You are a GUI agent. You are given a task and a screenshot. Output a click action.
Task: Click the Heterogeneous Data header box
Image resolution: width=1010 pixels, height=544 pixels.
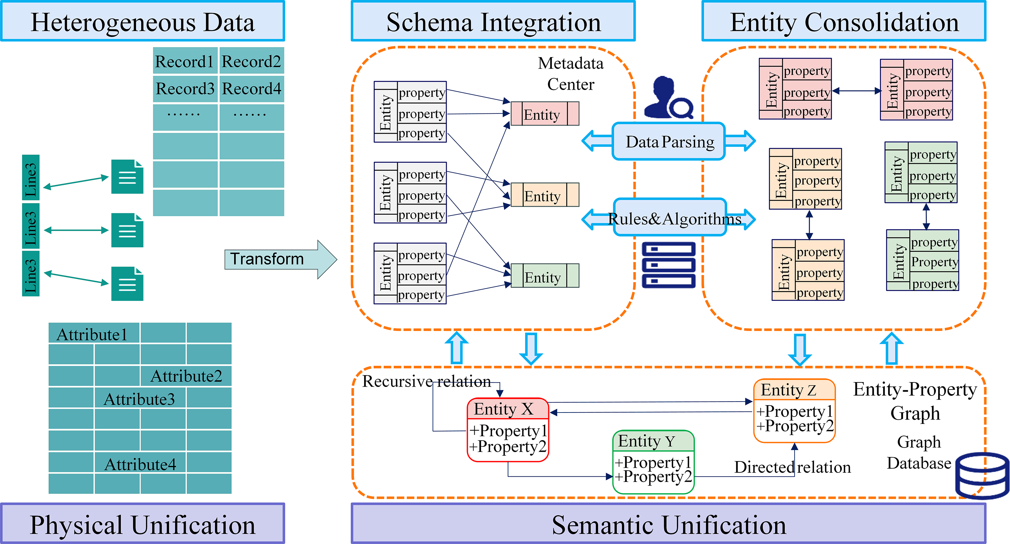coord(142,22)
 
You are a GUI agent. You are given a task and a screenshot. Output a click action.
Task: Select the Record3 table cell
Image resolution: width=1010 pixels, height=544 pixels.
coord(185,89)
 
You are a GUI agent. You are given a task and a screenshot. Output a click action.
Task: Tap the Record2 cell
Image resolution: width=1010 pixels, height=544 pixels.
coord(251,61)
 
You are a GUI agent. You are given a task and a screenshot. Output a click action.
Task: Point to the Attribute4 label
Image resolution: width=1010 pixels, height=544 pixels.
coord(140,465)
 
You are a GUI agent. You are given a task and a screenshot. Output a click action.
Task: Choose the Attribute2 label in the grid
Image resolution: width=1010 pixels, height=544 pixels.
coord(186,376)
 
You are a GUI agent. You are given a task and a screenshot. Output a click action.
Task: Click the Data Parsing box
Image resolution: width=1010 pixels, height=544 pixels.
coord(669,142)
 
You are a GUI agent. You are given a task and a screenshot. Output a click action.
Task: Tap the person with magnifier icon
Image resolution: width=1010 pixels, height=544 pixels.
coord(668,98)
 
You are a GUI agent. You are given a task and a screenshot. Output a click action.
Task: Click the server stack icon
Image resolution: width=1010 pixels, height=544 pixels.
coord(668,265)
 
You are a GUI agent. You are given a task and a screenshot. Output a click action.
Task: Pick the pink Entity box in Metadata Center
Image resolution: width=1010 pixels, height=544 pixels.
coord(545,114)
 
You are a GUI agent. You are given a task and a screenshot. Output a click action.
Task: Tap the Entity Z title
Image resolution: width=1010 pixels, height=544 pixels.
coord(789,390)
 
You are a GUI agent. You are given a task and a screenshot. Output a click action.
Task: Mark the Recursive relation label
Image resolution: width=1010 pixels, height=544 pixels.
coord(426,381)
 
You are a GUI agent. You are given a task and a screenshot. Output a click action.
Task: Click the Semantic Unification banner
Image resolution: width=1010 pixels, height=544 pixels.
coord(668,525)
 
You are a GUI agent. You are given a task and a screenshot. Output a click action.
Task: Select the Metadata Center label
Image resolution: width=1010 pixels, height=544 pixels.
coord(570,74)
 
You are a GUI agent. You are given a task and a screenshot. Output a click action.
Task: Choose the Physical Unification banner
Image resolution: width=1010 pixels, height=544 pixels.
coord(142,525)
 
